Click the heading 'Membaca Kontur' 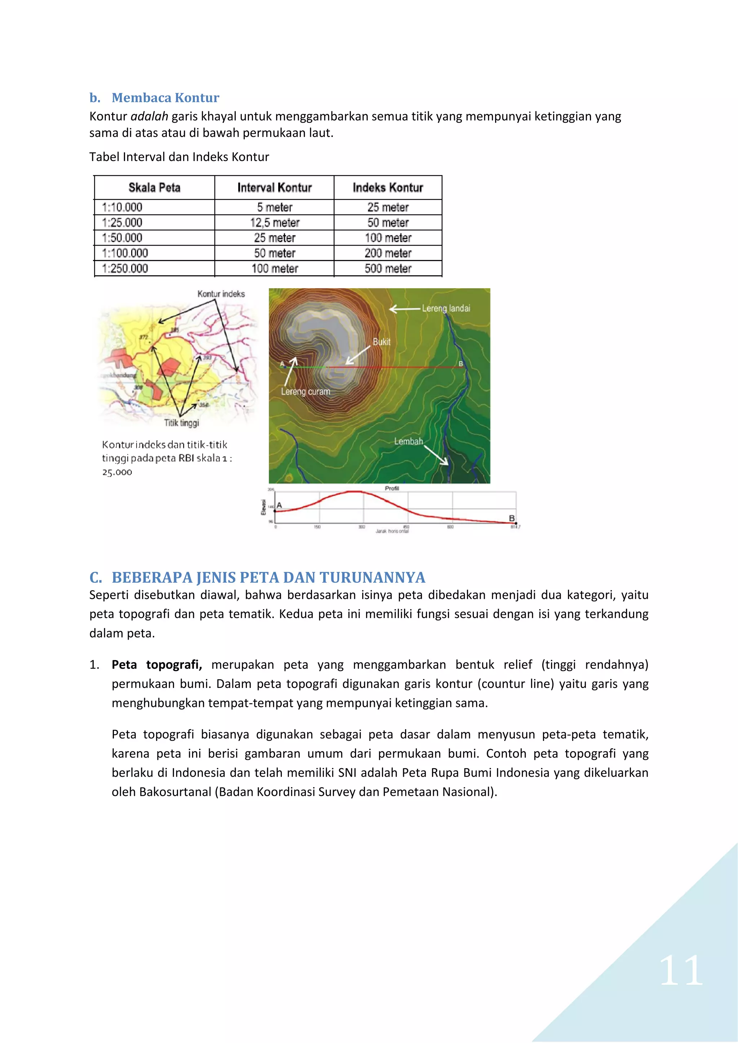165,98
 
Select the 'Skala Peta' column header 155,188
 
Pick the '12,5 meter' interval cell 275,223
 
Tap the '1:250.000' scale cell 125,268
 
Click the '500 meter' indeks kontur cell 388,268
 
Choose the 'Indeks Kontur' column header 388,188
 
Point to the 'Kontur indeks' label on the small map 221,294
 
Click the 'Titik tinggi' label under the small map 181,423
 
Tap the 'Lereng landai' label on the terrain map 446,308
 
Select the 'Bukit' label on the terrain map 381,342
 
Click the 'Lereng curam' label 305,391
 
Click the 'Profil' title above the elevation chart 392,488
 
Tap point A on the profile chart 279,505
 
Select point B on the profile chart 512,518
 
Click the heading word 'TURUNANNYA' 372,577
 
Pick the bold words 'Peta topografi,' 157,664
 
